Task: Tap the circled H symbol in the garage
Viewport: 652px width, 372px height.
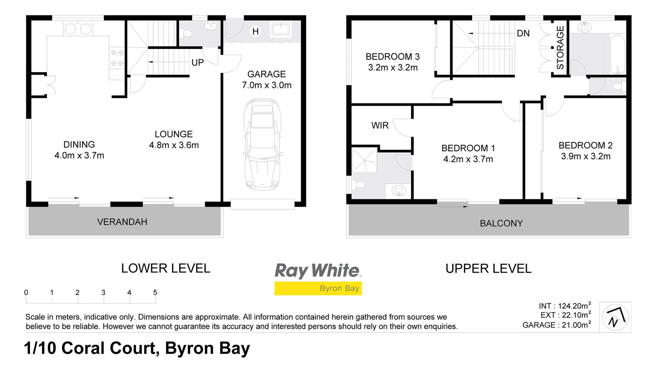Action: pos(255,31)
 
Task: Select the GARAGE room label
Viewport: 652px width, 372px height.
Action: pos(266,74)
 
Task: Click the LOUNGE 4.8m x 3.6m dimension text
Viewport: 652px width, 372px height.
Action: pos(174,145)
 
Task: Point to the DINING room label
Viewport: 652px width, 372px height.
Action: pos(79,144)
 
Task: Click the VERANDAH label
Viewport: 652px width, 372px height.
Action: pos(122,222)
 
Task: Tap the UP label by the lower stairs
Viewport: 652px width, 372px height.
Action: pos(197,63)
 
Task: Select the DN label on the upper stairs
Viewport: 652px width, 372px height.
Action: pos(523,33)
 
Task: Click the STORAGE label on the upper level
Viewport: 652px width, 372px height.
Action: pos(560,48)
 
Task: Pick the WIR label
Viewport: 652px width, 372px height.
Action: pos(380,125)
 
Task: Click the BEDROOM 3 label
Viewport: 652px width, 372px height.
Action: pos(393,56)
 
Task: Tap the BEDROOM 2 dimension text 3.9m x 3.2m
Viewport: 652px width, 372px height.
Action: pos(585,156)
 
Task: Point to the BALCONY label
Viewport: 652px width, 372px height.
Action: pos(501,223)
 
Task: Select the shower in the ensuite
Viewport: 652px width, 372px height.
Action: pos(365,160)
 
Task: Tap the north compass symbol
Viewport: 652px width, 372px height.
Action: pos(615,317)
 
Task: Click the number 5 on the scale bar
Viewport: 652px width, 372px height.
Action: pos(155,292)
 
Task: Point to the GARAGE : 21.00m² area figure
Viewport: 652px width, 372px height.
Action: pos(556,325)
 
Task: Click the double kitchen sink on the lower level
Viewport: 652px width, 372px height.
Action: pos(78,28)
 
